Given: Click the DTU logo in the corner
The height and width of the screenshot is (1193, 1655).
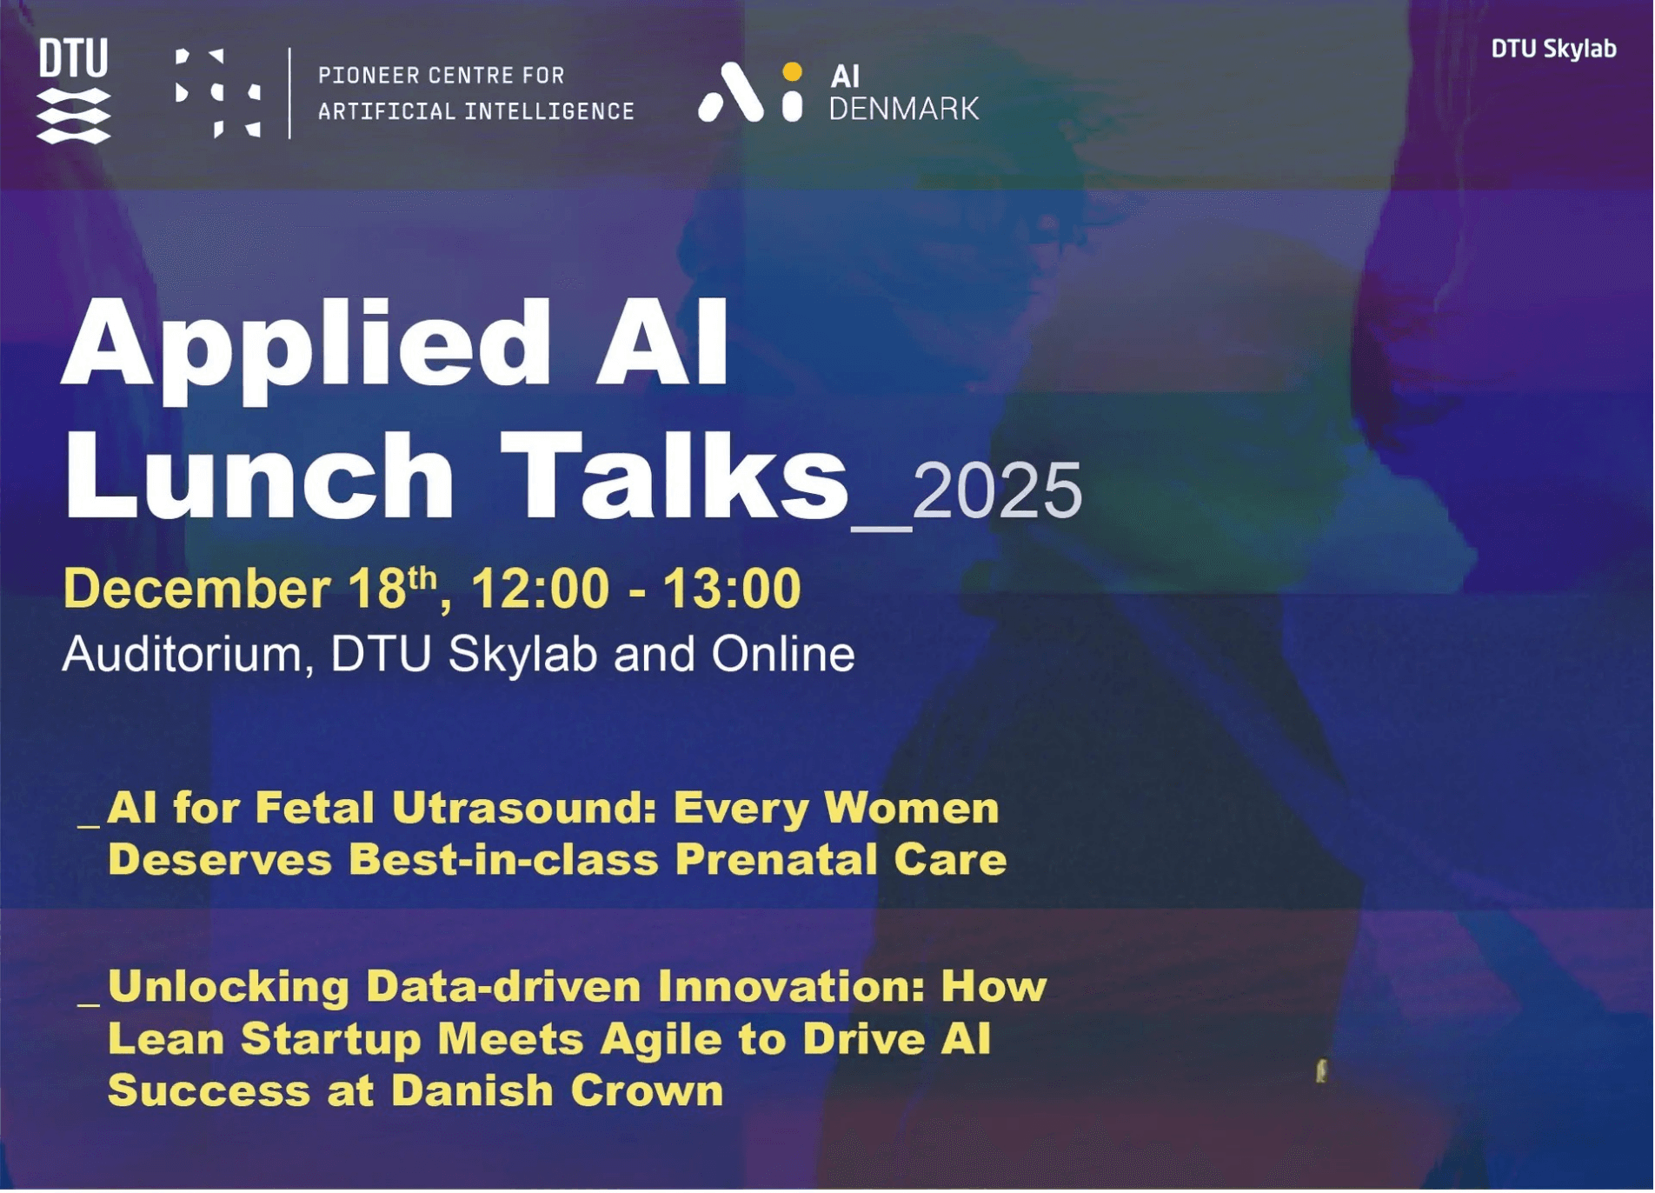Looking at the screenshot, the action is point(74,90).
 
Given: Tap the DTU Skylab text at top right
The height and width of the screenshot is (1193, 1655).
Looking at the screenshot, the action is point(1554,49).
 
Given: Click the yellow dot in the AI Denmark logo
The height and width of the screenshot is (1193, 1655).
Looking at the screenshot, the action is point(792,71).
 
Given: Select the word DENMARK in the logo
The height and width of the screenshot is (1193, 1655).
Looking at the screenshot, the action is point(904,109).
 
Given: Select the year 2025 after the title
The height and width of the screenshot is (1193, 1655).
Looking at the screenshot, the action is point(997,491).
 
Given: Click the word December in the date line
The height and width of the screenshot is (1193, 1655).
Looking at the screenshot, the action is point(196,589).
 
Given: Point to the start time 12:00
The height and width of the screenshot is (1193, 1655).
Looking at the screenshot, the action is point(541,589).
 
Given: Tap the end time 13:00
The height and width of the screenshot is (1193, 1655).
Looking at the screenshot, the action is point(732,589).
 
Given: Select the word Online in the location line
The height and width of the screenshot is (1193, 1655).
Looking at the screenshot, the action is point(783,654).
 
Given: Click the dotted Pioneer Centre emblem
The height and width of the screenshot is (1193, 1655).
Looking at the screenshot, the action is point(218,93).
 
